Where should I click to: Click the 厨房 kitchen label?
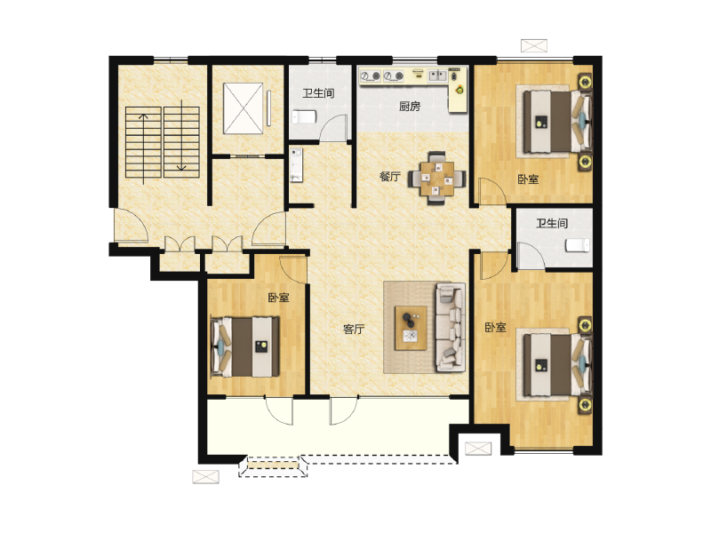410,107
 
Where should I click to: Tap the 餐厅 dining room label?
390,176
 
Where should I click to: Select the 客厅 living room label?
354,329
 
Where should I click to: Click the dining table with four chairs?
437,179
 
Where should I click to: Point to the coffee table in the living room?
411,328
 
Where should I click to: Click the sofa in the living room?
451,327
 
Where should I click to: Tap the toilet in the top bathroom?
304,117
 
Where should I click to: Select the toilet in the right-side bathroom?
578,245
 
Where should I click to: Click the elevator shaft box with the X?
243,108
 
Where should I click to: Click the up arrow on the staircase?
143,148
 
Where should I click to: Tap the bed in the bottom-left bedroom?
245,346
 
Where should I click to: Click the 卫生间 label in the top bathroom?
318,93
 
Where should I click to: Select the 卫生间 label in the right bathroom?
552,223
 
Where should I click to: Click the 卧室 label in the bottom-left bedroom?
278,298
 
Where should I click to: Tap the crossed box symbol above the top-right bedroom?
534,46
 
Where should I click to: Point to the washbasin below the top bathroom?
297,165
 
